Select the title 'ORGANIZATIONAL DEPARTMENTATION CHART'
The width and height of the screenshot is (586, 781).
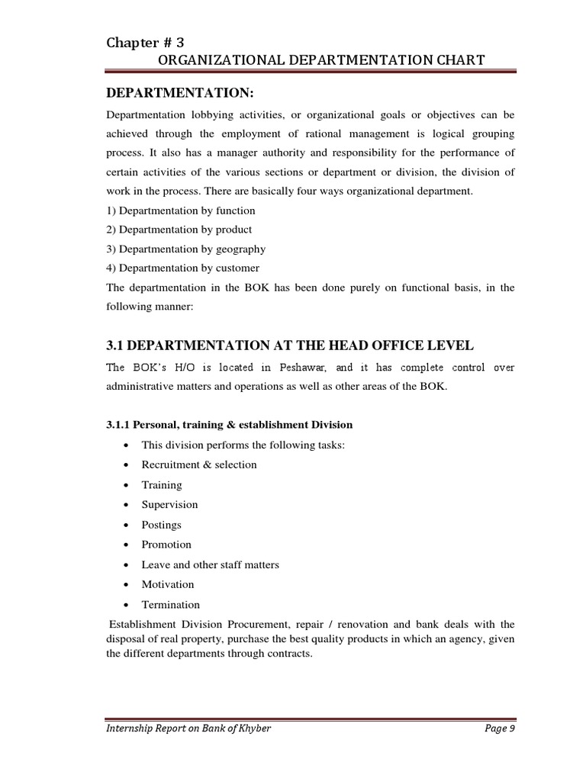309,60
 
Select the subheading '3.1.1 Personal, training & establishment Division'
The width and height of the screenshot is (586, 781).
229,425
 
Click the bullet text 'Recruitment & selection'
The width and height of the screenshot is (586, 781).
199,464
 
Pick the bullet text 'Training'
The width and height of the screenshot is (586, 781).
162,485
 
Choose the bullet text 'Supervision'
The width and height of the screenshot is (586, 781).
169,505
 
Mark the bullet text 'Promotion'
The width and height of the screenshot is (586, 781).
166,545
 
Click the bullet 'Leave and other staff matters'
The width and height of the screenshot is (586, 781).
211,565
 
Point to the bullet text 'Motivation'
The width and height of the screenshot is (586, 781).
168,585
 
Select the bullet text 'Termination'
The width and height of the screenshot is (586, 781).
171,605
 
